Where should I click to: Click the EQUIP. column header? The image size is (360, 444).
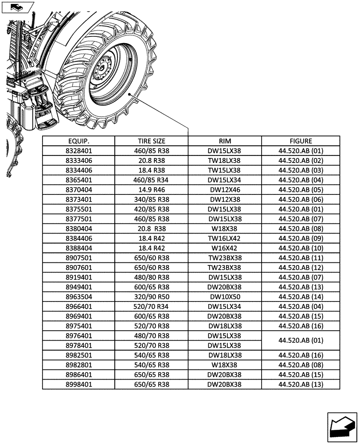click(x=78, y=141)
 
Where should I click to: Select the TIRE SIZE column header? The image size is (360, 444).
click(x=152, y=141)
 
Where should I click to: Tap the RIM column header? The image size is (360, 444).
click(x=225, y=141)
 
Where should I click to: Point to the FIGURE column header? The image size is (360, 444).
click(x=301, y=141)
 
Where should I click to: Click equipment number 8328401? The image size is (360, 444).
click(x=78, y=151)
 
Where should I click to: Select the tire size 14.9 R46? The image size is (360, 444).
click(x=152, y=190)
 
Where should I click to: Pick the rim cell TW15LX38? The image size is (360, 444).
click(x=225, y=170)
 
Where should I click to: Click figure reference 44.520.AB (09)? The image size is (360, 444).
click(x=301, y=238)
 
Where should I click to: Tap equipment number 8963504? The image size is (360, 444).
click(x=78, y=297)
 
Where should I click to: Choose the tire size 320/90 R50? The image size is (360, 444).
click(x=152, y=297)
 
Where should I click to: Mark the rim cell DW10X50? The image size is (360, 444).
click(x=225, y=297)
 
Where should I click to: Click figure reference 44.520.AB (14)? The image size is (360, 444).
click(x=301, y=297)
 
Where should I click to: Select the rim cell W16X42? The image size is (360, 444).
click(x=225, y=248)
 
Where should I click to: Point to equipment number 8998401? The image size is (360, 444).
click(x=78, y=385)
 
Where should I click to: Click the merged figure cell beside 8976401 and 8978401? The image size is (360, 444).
click(x=301, y=341)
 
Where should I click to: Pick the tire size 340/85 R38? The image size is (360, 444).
click(x=152, y=200)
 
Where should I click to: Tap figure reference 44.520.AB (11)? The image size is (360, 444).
click(x=301, y=258)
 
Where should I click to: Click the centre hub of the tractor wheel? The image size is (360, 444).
click(x=105, y=67)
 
